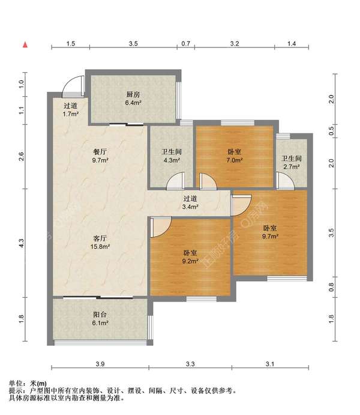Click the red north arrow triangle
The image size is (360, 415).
coord(25,44)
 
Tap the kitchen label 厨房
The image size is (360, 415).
coord(133,94)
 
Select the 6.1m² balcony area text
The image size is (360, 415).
coord(100,323)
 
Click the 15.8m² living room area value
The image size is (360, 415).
coord(100,247)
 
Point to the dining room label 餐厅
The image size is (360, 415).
coord(100,152)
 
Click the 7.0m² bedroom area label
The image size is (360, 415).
coord(235,160)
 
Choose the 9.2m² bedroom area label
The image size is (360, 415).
coord(190,261)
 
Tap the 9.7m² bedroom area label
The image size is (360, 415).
coord(270,237)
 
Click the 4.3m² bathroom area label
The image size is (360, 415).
coord(172,160)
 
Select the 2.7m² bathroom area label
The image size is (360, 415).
coord(292,167)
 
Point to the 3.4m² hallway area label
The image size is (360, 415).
coord(190,207)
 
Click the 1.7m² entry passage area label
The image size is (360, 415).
coord(71,114)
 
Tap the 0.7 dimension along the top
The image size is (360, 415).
coord(186,43)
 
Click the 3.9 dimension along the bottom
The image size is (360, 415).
coord(100,364)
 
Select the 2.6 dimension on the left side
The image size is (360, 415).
coord(22,156)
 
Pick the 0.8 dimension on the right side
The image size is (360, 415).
coord(331,287)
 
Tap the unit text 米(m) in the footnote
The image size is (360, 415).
coord(38,383)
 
